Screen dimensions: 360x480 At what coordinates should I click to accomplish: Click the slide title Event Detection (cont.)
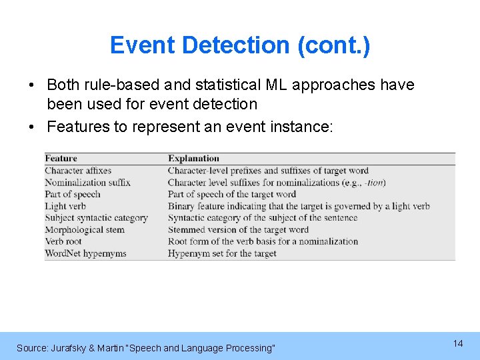[x=240, y=45]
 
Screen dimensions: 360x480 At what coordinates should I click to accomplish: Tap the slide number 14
[x=457, y=343]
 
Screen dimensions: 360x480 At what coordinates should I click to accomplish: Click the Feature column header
[x=61, y=159]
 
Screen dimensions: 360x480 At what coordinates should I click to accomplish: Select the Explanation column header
[x=193, y=159]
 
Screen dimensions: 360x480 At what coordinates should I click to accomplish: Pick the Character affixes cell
[x=77, y=171]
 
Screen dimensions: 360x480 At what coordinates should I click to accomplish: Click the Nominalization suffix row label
[x=87, y=183]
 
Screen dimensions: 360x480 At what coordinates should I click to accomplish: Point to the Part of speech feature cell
[x=72, y=195]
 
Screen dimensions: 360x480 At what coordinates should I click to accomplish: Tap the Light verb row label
[x=65, y=206]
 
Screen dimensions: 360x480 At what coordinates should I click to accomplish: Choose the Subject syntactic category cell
[x=96, y=218]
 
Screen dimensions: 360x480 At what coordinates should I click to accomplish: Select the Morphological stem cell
[x=84, y=230]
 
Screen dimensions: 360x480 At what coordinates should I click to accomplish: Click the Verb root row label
[x=63, y=241]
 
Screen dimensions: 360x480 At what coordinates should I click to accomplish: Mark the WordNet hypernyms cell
[x=85, y=253]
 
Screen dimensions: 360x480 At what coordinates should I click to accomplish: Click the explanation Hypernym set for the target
[x=222, y=253]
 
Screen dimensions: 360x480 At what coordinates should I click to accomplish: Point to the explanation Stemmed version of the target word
[x=238, y=230]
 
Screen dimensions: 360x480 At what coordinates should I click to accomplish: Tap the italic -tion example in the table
[x=375, y=183]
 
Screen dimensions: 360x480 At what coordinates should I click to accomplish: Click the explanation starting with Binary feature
[x=299, y=206]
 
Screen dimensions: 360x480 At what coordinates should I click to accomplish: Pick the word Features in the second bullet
[x=73, y=127]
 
